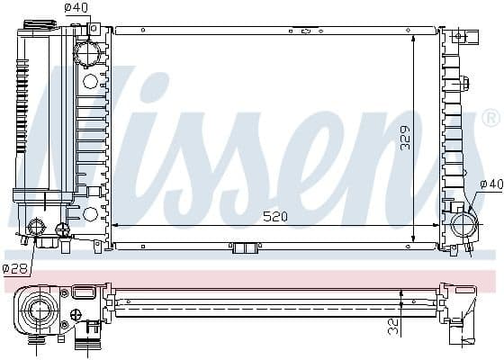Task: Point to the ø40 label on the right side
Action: (491, 184)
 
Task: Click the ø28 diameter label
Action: (14, 267)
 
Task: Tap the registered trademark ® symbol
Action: (491, 117)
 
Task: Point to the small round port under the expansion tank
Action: (38, 228)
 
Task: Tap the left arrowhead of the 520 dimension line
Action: (115, 225)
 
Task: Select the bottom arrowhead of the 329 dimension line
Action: (412, 239)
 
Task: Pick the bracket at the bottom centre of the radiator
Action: (244, 247)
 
